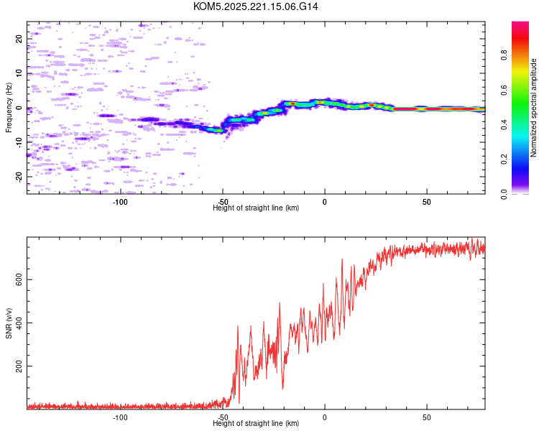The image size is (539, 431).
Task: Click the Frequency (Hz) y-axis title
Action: tap(9, 108)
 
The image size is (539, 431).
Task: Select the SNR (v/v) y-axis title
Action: tap(9, 323)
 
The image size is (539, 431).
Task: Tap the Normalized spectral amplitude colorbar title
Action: tap(534, 108)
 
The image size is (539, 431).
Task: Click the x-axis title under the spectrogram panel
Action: tap(256, 208)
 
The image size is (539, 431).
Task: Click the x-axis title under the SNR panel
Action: tap(256, 423)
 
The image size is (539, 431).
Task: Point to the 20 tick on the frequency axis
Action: tap(19, 39)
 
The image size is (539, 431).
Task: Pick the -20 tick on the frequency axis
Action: tap(19, 176)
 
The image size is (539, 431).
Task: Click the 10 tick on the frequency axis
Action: tap(19, 73)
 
